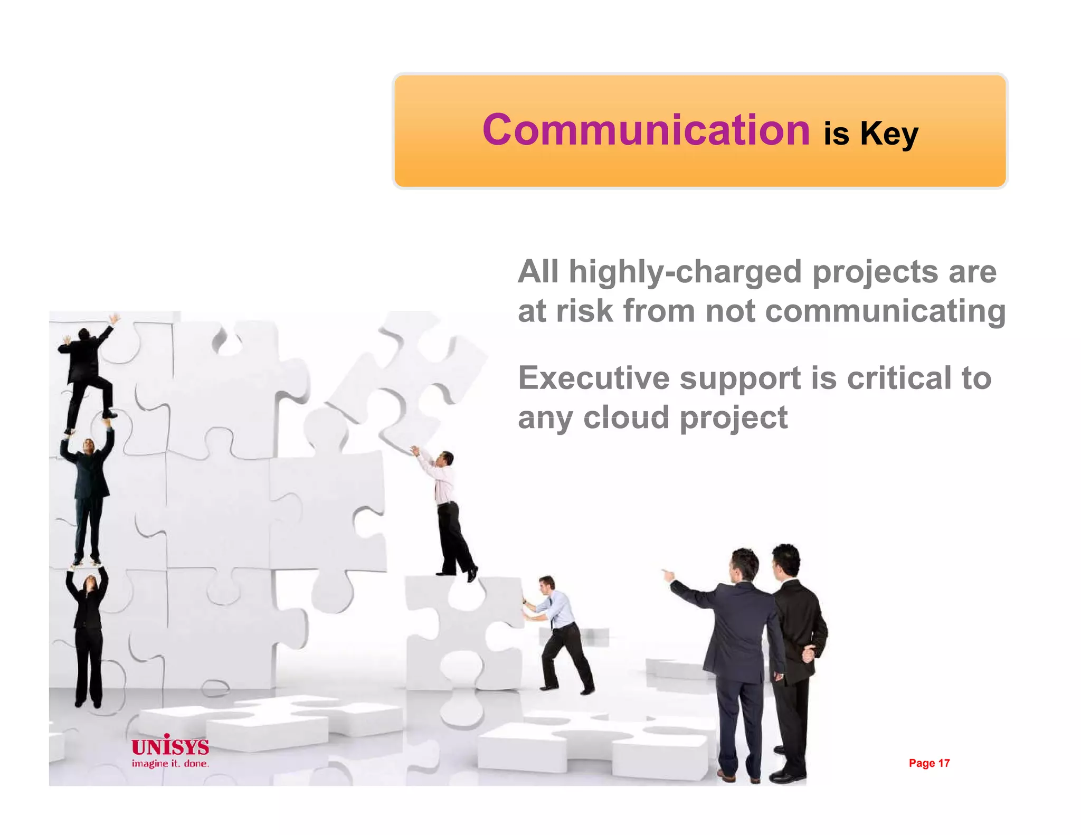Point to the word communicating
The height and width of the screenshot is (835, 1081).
coord(885,312)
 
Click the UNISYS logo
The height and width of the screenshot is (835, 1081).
coord(170,746)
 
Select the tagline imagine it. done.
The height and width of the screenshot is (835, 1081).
coord(170,764)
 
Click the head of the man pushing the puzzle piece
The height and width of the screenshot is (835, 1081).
coord(546,584)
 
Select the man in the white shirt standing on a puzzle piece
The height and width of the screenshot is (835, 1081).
coord(448,512)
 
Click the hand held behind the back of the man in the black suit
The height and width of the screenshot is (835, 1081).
coord(808,654)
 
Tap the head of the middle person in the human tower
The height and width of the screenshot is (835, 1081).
coord(89,447)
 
